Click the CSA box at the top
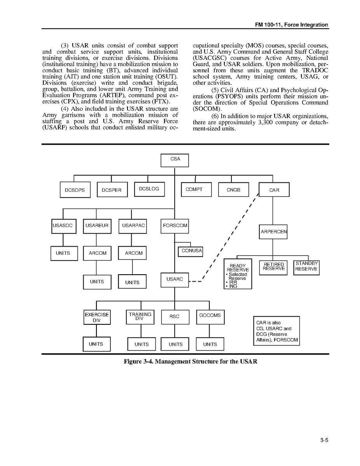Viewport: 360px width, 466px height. (175, 160)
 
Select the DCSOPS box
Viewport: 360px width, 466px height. (75, 190)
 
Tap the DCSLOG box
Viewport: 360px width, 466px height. (149, 189)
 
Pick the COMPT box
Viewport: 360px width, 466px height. (196, 189)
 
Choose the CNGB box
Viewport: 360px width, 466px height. (233, 190)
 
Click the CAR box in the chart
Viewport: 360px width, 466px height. (274, 190)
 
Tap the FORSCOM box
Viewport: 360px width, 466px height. (175, 226)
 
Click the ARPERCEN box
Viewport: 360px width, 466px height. (273, 232)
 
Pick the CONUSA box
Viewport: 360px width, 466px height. (190, 251)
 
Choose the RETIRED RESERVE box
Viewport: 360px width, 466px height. (273, 267)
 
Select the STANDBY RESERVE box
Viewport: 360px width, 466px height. (306, 267)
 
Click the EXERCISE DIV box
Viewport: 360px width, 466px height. (97, 317)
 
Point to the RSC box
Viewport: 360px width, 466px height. (175, 317)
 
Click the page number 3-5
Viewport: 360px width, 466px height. (324, 440)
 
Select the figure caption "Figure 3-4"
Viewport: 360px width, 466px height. (190, 362)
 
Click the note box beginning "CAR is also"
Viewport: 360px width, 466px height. (276, 331)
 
